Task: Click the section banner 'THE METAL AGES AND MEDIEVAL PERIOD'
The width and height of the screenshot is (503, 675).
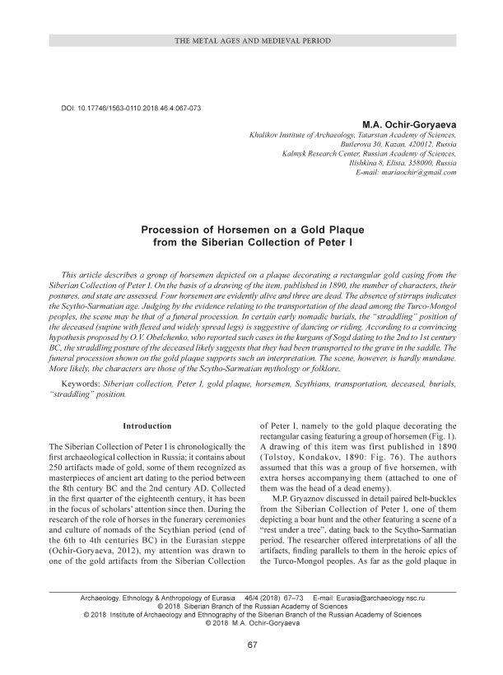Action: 251,40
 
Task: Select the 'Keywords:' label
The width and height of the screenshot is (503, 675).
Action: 84,384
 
